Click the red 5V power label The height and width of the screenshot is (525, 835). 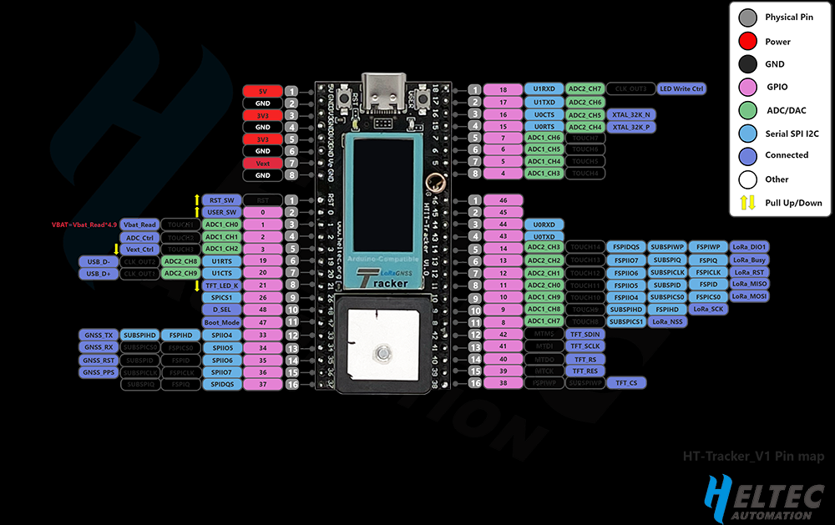pos(262,91)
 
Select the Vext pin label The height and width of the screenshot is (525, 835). pos(262,164)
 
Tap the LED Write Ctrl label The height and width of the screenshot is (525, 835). pos(681,88)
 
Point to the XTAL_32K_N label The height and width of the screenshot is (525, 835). pos(631,114)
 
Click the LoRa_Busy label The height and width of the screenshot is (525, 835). pos(749,260)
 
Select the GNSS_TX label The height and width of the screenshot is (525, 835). pos(98,335)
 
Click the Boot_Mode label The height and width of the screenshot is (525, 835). pos(221,322)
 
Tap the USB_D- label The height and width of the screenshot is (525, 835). pos(98,261)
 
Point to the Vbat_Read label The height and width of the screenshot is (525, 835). pos(139,225)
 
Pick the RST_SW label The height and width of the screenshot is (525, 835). pos(221,200)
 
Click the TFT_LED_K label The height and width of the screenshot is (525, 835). pos(221,285)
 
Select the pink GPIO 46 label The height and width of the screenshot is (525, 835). pos(503,200)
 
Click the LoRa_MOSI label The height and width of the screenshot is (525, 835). pos(749,296)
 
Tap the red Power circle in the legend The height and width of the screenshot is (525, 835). pos(748,41)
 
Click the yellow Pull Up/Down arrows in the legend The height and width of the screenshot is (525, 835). pos(748,202)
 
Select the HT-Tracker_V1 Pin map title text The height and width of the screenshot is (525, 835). pos(753,457)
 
